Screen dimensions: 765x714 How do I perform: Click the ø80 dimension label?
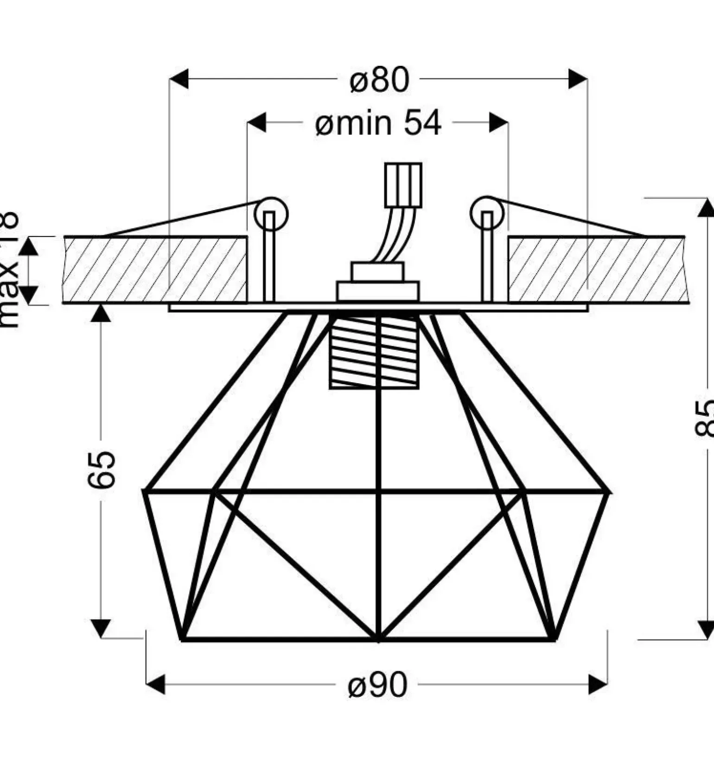(x=379, y=80)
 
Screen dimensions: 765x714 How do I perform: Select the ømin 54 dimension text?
(x=378, y=123)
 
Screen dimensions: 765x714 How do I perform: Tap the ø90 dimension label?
(x=377, y=685)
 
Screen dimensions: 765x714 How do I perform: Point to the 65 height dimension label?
(x=101, y=469)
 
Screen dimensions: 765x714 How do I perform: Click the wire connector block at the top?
(x=403, y=185)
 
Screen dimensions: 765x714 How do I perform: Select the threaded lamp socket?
(x=374, y=352)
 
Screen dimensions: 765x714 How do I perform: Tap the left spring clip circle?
(x=271, y=214)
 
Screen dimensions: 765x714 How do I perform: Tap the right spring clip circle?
(x=487, y=213)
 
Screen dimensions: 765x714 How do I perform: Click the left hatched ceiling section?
(x=155, y=270)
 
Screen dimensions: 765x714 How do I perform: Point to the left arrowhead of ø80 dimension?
(x=179, y=79)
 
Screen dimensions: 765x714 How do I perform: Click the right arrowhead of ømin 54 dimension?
(x=499, y=122)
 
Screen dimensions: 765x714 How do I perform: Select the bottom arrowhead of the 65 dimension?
(x=101, y=629)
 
